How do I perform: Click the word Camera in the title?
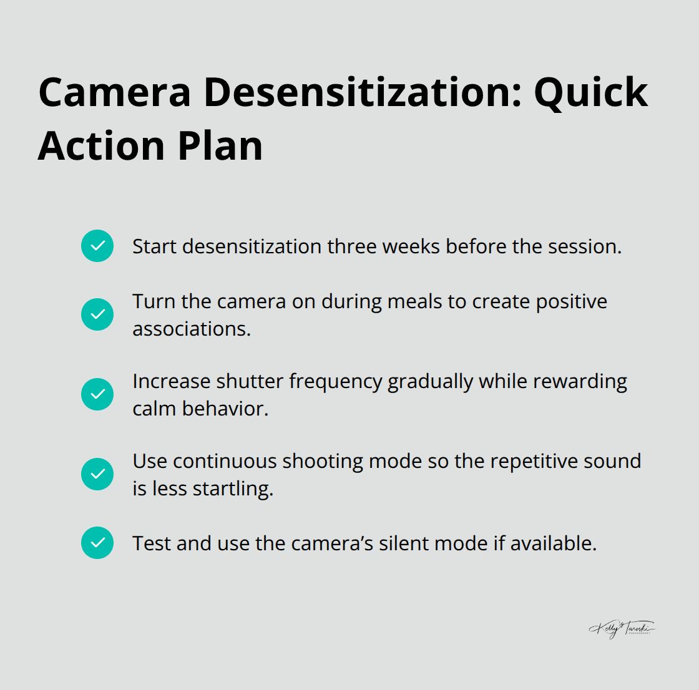(x=114, y=92)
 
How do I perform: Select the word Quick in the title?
(x=590, y=92)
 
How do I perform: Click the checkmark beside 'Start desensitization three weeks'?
(x=97, y=246)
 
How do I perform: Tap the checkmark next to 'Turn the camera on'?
(x=97, y=314)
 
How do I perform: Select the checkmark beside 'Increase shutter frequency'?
(x=97, y=394)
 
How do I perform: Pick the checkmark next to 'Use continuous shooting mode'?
(x=97, y=474)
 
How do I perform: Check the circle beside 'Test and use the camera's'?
(x=97, y=543)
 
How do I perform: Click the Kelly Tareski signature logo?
(x=622, y=629)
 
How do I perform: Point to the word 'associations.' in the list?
(x=192, y=329)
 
